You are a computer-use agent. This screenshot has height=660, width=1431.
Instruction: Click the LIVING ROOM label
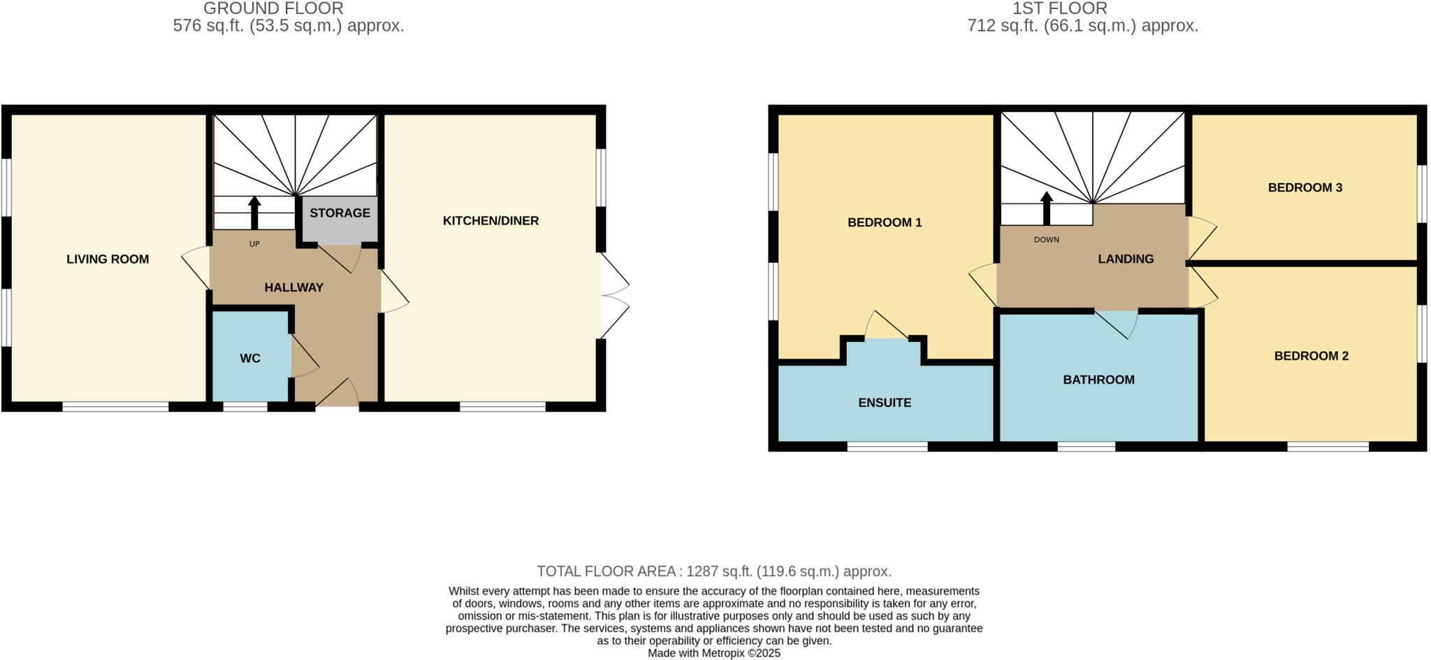[108, 259]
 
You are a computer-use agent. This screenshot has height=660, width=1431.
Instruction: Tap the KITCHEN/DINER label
[491, 221]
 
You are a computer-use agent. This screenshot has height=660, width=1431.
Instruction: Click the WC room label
[250, 359]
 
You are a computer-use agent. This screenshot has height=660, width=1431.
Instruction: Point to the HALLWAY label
[293, 287]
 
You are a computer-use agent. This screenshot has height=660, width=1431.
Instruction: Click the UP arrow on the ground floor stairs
[254, 212]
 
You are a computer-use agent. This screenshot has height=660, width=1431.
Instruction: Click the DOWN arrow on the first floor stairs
[1046, 208]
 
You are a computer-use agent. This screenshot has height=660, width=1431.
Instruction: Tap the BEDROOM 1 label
[885, 222]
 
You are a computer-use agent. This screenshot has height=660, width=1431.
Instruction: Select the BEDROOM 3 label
[1305, 187]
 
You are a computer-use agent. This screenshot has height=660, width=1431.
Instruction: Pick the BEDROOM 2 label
[1311, 356]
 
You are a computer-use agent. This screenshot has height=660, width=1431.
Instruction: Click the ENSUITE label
[885, 403]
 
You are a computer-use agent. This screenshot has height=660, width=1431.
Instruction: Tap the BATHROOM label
[1098, 380]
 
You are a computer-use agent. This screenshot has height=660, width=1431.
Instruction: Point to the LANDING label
[1125, 259]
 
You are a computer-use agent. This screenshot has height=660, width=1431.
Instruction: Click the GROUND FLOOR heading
[273, 8]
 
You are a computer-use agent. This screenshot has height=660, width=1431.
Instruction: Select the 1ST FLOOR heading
[1059, 8]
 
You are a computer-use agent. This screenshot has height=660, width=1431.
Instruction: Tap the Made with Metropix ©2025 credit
[713, 653]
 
